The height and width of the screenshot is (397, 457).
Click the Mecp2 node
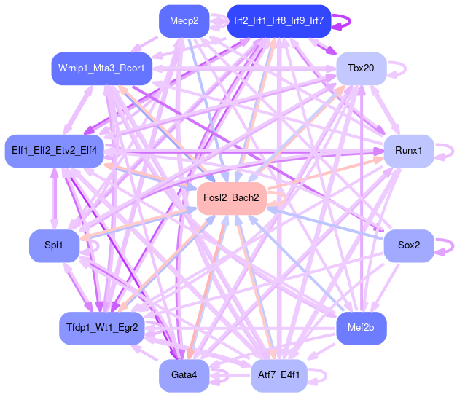pos(184,21)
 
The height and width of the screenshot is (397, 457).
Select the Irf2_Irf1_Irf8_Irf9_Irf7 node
pos(280,21)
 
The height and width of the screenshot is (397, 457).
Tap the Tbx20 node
pos(361,68)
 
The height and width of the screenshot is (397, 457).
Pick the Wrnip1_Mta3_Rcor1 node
pos(101,68)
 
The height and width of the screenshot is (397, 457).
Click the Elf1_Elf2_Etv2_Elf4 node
pos(55,151)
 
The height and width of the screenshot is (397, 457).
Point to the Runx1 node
pos(408,151)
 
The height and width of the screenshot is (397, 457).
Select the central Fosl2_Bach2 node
pos(232,198)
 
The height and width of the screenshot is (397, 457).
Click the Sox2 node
pos(408,245)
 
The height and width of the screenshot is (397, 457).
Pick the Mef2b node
pos(361,328)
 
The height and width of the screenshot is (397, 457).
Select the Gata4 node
pos(184,375)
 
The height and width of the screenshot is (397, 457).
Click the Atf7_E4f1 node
pos(280,375)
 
